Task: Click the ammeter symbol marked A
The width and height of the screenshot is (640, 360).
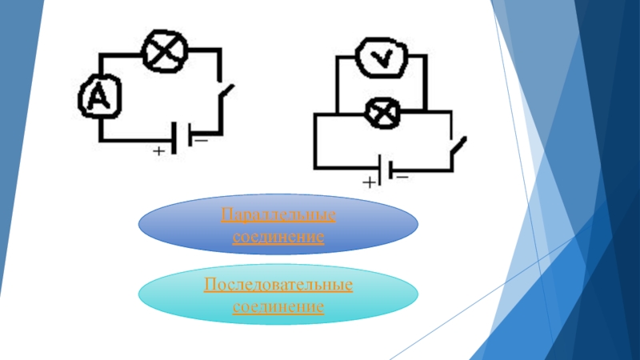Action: coord(98,98)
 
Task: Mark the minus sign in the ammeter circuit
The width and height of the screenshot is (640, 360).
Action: coord(199,140)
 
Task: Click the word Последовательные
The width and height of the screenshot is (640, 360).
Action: coord(278,286)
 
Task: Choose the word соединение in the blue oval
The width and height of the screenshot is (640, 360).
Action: coord(278,238)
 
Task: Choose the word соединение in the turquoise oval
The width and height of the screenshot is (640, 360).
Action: coord(278,306)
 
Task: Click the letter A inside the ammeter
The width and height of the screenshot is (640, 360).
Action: coord(98,98)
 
